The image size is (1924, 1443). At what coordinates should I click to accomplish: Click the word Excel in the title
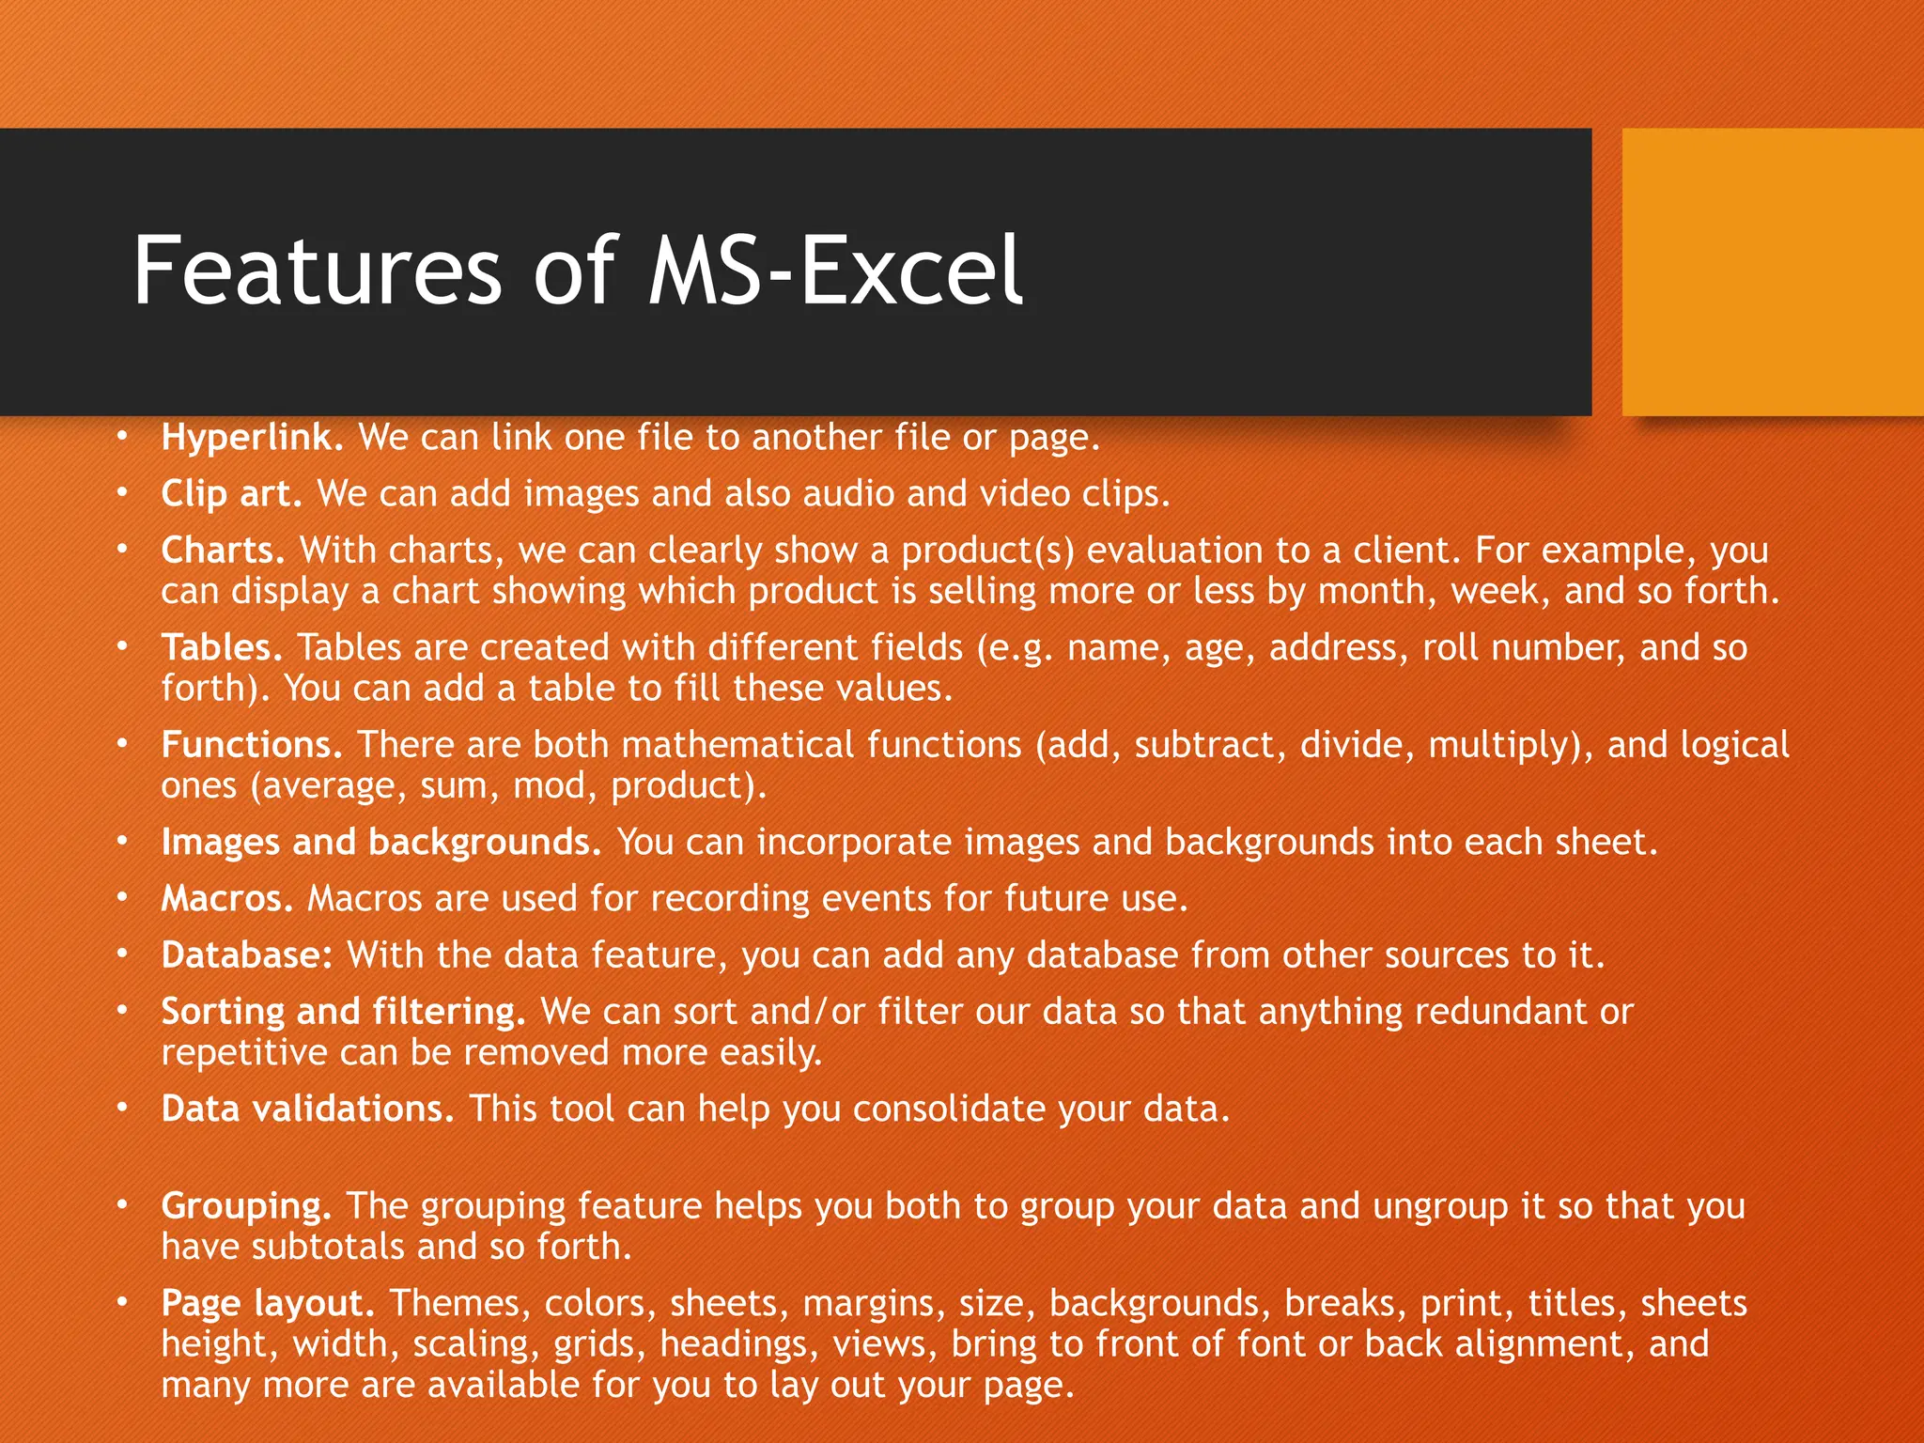tap(911, 272)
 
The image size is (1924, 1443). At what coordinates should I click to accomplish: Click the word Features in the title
tap(318, 272)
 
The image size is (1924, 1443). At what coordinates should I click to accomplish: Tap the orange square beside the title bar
tap(1773, 272)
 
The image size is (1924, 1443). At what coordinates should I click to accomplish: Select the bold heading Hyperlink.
tap(253, 438)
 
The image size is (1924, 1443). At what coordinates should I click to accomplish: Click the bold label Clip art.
tap(231, 494)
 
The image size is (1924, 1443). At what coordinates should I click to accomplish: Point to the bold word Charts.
tap(223, 551)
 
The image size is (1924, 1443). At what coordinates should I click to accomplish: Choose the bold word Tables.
tap(222, 648)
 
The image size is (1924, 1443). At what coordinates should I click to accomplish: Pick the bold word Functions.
tap(252, 745)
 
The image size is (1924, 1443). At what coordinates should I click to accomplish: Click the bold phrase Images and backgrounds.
tap(380, 843)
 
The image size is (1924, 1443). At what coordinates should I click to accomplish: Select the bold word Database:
tap(247, 955)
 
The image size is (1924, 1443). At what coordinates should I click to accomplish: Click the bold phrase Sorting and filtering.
tap(343, 1012)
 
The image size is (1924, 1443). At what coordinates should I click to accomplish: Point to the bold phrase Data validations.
tap(307, 1109)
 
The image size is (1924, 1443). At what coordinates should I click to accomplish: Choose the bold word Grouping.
tap(246, 1206)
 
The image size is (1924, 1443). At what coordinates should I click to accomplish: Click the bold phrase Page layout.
tap(268, 1304)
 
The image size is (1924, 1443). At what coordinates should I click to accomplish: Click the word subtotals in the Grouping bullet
tap(329, 1248)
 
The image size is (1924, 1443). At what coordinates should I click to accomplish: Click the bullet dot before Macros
tap(121, 897)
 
